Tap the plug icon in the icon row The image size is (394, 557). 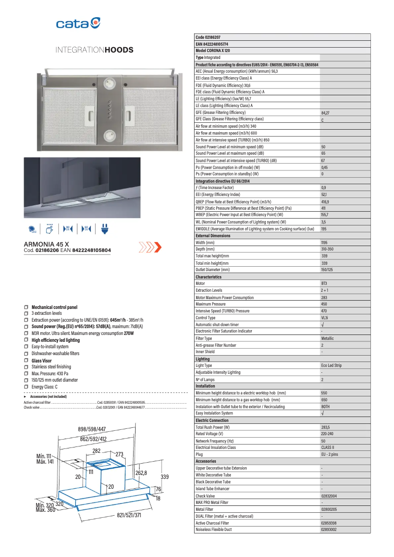click(104, 228)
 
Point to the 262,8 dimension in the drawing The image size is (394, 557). click(141, 473)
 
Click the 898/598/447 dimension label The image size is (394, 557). click(92, 429)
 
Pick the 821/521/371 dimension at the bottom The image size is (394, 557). click(129, 515)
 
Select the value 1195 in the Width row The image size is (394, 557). click(324, 243)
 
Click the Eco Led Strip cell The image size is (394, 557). click(331, 365)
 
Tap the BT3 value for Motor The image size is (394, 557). click(324, 283)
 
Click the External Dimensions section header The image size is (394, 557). click(213, 236)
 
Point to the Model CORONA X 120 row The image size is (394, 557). click(213, 51)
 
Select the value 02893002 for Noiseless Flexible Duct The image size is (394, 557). click(329, 529)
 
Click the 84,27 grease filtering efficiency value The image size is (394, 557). click(325, 113)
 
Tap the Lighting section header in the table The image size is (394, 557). click(202, 359)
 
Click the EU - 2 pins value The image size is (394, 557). click(329, 454)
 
